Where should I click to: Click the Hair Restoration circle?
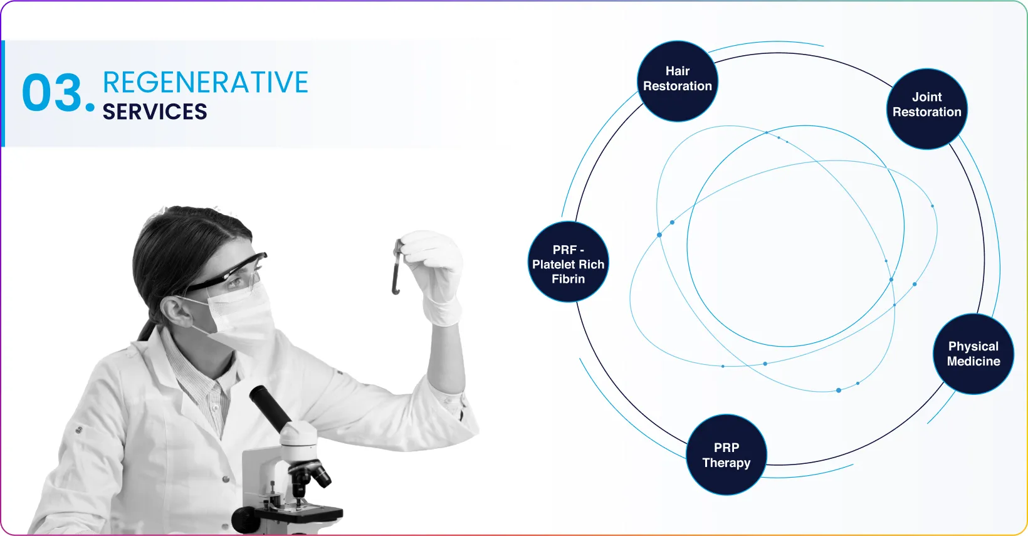click(678, 81)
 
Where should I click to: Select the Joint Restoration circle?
click(926, 108)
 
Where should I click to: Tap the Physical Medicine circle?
click(973, 354)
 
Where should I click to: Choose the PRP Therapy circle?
click(726, 455)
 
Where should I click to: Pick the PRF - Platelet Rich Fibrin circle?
click(568, 261)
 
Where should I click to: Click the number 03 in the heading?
click(52, 93)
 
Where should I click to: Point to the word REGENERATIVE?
click(205, 82)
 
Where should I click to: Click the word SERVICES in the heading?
click(155, 112)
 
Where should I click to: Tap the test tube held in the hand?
click(397, 267)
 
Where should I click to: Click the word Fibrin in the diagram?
click(568, 279)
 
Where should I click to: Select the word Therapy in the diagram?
click(726, 463)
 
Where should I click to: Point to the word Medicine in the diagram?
click(973, 361)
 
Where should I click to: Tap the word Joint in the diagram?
click(926, 97)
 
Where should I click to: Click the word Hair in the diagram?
click(678, 71)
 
